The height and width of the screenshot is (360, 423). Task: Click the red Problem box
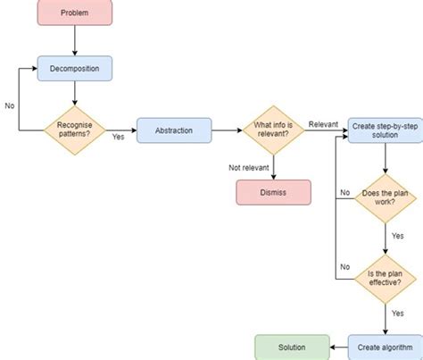point(74,13)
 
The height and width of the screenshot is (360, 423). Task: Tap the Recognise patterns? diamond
point(74,130)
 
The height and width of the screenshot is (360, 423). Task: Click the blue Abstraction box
point(175,130)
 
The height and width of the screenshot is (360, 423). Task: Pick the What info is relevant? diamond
point(274,130)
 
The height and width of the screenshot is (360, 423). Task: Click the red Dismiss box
point(273,191)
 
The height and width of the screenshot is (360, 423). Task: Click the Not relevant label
point(248,166)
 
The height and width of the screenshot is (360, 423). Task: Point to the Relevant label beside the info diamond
point(323,122)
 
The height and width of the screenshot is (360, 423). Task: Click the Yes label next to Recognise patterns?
point(118,137)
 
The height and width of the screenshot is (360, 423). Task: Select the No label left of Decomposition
point(10,105)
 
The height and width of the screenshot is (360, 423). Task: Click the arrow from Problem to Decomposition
point(74,40)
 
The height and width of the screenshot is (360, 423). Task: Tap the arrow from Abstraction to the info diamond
point(228,130)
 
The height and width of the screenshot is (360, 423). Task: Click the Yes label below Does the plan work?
point(397,237)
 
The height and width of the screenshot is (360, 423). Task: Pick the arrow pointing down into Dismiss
point(274,167)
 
